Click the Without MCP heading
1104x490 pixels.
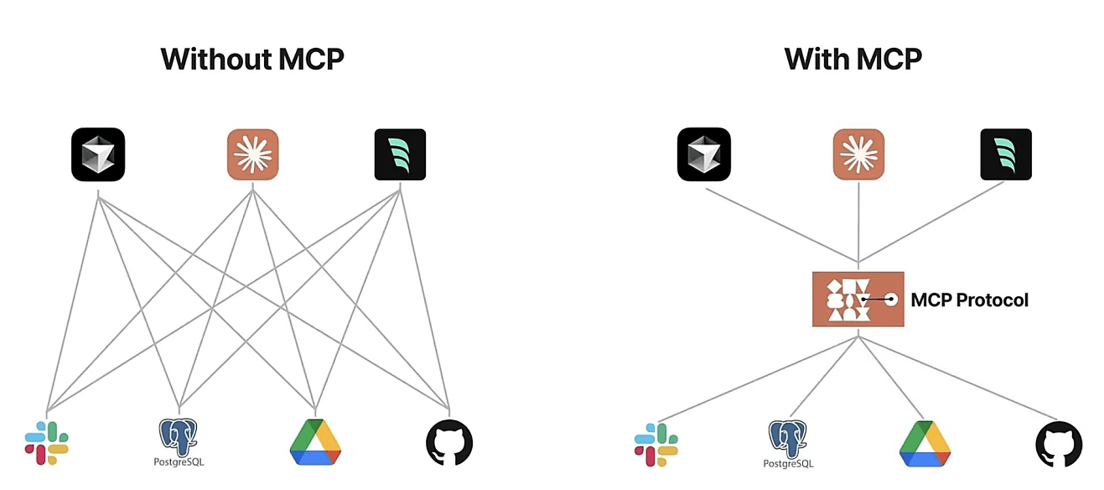click(x=252, y=59)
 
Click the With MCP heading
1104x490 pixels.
click(x=853, y=59)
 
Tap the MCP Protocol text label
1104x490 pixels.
click(x=969, y=300)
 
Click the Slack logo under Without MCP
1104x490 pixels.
click(x=47, y=443)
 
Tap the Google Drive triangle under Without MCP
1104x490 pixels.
click(x=315, y=442)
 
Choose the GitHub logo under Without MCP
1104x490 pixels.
click(x=449, y=443)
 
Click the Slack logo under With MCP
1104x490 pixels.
click(x=656, y=444)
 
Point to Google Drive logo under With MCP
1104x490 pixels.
click(x=925, y=444)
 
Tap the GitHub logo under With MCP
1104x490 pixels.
click(x=1059, y=444)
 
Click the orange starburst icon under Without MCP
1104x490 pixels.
click(x=252, y=154)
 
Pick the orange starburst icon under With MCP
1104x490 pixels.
click(x=858, y=154)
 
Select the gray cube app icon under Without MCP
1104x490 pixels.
click(x=98, y=154)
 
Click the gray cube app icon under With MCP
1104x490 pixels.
click(x=704, y=154)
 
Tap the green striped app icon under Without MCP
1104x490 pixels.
click(x=400, y=154)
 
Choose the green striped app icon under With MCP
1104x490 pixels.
click(x=1006, y=154)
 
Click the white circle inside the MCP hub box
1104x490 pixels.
click(x=892, y=299)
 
